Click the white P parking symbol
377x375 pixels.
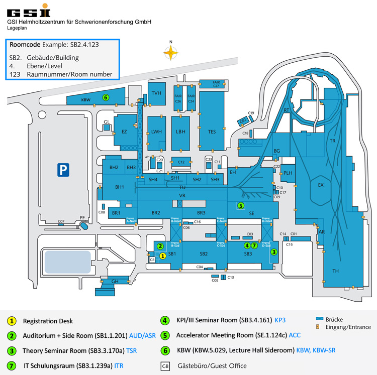62,170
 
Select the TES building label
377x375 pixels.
212,132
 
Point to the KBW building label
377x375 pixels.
86,100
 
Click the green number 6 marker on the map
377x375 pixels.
106,97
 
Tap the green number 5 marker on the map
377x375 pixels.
241,205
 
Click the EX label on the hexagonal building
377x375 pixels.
321,185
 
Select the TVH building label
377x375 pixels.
156,93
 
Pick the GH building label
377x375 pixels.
115,281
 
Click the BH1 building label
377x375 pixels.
120,187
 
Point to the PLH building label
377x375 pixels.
288,173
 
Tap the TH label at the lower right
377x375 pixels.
336,271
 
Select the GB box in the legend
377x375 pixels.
165,365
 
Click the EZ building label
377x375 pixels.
124,132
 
